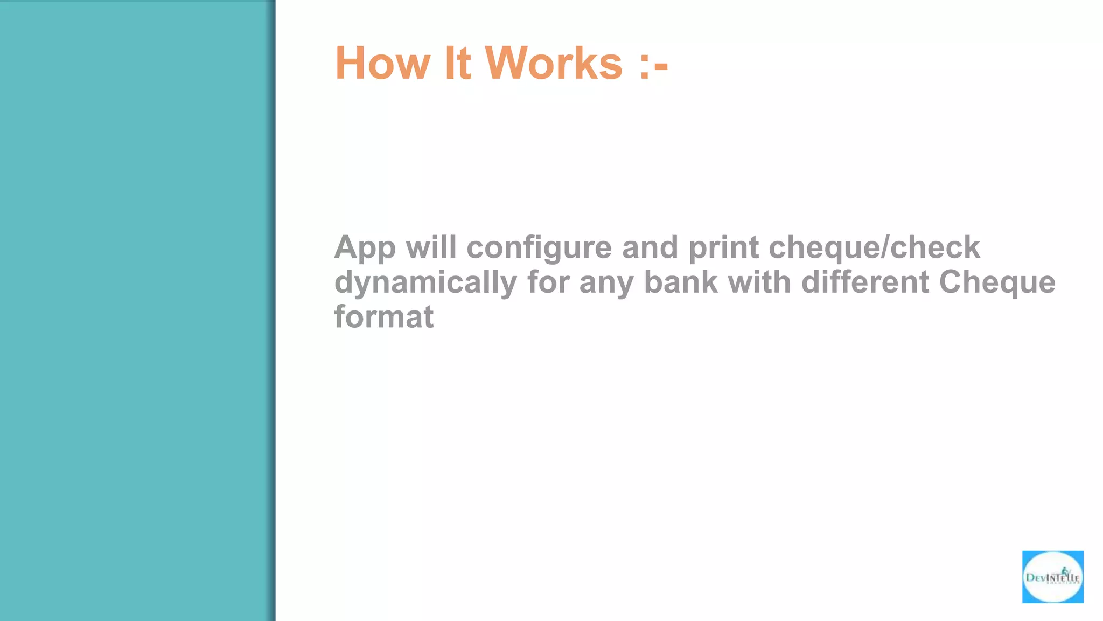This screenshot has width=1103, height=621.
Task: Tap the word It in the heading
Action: tap(457, 63)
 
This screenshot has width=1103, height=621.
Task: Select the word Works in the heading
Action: tap(554, 63)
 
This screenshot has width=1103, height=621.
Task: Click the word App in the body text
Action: tap(365, 248)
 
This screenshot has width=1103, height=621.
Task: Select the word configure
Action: tap(539, 248)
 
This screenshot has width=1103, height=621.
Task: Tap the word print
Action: tap(723, 248)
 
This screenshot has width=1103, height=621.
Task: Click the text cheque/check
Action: tap(874, 248)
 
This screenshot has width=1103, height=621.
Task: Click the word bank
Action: tap(681, 282)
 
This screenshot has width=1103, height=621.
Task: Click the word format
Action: tap(383, 316)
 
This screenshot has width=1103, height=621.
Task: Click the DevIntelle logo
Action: tap(1052, 577)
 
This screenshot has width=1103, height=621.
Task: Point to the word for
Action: tap(548, 282)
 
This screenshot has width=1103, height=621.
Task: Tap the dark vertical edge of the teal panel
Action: tap(273, 310)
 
